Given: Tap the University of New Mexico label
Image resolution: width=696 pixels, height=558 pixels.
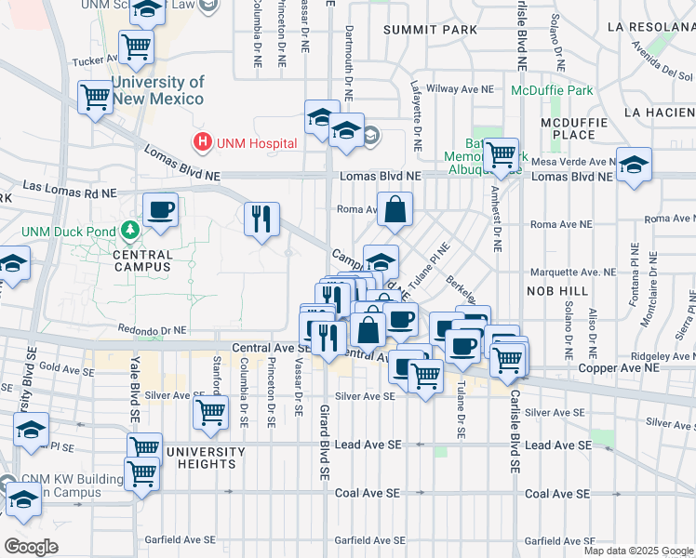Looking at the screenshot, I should tap(157, 91).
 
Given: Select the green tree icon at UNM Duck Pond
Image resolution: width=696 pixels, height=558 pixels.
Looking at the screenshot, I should tap(131, 231).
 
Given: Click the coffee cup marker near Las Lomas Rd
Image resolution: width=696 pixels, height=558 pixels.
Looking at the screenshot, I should tap(160, 209).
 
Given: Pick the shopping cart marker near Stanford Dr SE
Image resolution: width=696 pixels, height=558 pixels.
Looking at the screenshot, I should tap(211, 410).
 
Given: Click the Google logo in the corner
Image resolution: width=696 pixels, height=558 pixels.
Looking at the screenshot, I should tap(31, 546).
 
